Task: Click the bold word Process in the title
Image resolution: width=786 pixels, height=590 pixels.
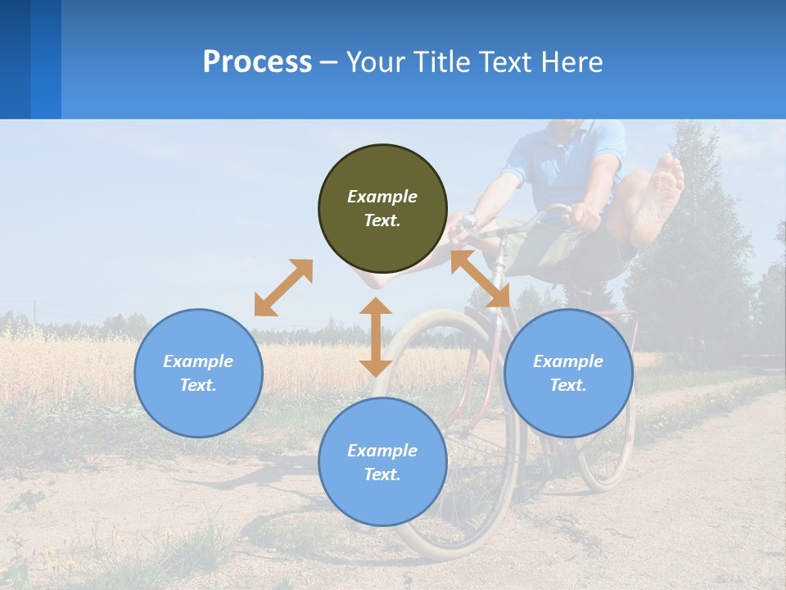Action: click(x=257, y=62)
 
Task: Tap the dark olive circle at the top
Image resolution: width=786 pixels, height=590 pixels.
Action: click(x=382, y=208)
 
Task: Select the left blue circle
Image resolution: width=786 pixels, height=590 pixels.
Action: click(x=198, y=373)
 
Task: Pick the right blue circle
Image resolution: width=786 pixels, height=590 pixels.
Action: click(x=568, y=373)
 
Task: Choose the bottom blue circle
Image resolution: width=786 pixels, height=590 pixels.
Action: click(x=382, y=461)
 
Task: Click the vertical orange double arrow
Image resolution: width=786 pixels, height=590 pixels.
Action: click(x=376, y=337)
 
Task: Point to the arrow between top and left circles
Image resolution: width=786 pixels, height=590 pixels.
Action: click(x=283, y=287)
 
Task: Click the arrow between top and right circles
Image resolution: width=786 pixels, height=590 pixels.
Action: click(x=481, y=279)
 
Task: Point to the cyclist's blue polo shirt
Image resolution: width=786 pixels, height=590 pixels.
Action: click(x=565, y=164)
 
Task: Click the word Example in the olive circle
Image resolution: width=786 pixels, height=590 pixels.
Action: click(x=382, y=197)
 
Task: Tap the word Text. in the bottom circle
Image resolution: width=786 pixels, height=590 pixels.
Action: click(x=382, y=474)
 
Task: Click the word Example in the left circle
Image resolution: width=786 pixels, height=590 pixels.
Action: click(x=198, y=361)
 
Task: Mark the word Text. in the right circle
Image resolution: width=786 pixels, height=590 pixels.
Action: click(x=568, y=385)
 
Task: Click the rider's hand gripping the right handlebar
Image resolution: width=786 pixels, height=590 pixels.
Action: click(x=583, y=217)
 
